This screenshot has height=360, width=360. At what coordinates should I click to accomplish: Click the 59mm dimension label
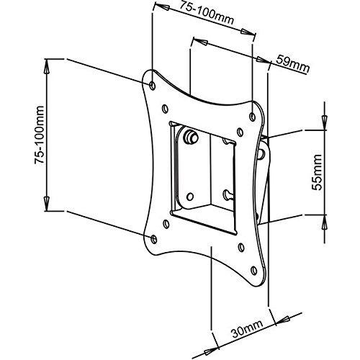(292, 63)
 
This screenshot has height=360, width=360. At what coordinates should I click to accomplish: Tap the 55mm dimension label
(317, 172)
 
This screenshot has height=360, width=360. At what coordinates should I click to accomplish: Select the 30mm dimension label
(247, 329)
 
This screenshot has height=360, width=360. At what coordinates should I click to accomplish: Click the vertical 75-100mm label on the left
(39, 135)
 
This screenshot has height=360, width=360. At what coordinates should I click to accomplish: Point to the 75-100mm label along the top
(207, 12)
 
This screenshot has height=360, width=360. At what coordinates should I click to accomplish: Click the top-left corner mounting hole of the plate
(153, 85)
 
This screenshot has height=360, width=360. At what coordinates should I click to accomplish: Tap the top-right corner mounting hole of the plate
(253, 117)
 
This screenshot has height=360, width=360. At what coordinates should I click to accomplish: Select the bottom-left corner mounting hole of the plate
(154, 239)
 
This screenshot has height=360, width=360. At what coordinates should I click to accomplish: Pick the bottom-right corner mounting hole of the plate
(254, 270)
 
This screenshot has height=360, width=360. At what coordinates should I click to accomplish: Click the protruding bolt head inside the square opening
(191, 136)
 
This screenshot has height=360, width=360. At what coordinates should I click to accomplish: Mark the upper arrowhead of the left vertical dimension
(46, 68)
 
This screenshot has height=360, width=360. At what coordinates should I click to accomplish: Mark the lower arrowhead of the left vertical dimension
(46, 202)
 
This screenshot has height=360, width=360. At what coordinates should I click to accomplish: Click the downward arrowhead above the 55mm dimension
(325, 122)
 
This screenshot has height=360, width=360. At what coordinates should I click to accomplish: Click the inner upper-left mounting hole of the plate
(165, 109)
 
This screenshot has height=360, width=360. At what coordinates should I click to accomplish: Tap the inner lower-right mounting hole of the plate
(241, 248)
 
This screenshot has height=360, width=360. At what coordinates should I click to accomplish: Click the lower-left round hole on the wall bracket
(190, 197)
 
